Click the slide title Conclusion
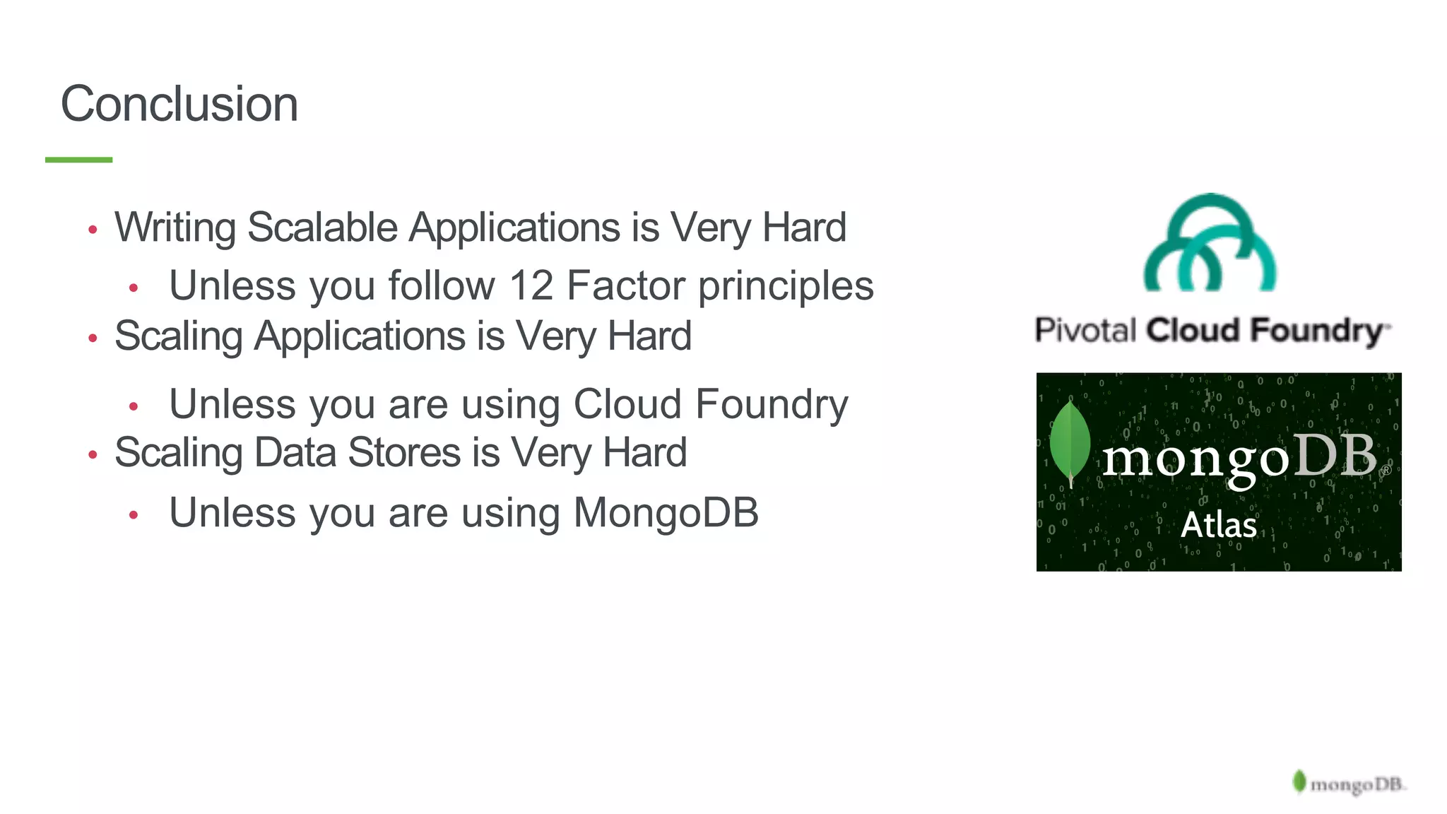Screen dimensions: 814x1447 point(179,104)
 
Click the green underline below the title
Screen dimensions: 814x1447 point(78,160)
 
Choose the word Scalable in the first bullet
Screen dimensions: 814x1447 point(323,228)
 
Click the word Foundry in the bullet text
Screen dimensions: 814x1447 point(772,404)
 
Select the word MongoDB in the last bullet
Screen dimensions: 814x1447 point(666,512)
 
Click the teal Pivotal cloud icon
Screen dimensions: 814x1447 point(1210,243)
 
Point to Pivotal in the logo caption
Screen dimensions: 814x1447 point(1085,331)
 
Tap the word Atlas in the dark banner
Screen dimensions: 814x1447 point(1219,525)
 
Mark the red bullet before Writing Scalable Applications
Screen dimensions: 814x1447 point(93,230)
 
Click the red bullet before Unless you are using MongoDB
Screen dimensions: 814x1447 point(134,515)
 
